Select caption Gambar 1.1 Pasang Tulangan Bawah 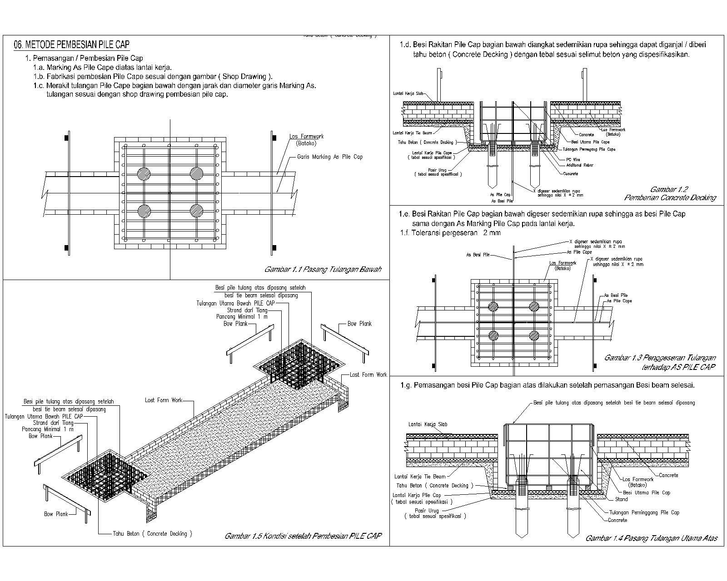(x=323, y=269)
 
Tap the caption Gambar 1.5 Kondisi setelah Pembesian (x=303, y=536)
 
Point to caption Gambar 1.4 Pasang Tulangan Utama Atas (x=651, y=538)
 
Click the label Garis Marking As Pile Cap (x=329, y=157)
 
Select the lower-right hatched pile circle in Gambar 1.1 (x=196, y=210)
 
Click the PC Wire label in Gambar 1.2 (x=573, y=159)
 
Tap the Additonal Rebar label (x=580, y=165)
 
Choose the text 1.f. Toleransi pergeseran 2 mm (x=450, y=233)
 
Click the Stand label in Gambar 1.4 (x=621, y=499)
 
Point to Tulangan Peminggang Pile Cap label (x=644, y=512)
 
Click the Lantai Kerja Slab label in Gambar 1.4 (x=428, y=424)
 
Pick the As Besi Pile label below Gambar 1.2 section (x=502, y=200)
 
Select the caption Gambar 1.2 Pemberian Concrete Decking (x=669, y=193)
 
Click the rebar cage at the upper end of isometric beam (x=298, y=364)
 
